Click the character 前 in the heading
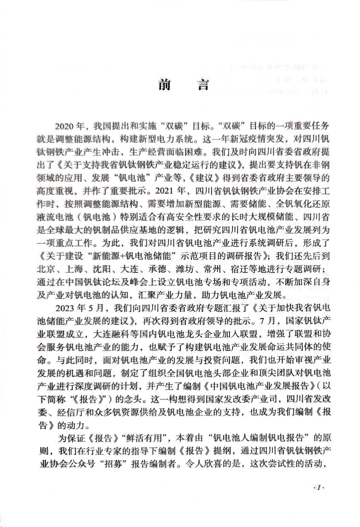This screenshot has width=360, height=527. click(164, 85)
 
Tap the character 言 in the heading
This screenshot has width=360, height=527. click(201, 85)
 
